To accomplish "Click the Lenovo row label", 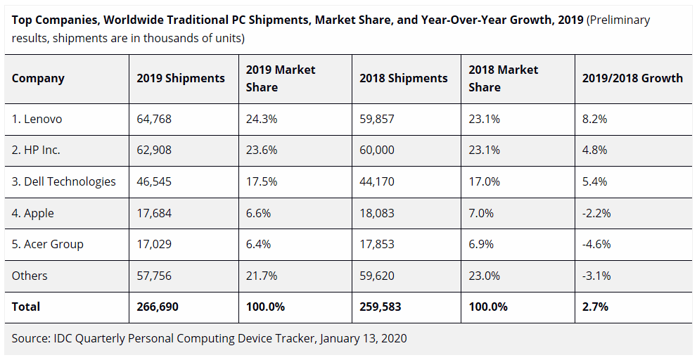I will click(x=37, y=119).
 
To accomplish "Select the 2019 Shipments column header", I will click(x=181, y=78).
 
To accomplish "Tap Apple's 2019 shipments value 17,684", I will click(x=154, y=213).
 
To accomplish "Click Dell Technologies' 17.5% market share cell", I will click(x=262, y=181).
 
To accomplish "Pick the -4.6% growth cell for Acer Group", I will click(x=596, y=244).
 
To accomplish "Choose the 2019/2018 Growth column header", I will click(x=632, y=78).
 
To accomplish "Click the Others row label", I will click(x=29, y=276).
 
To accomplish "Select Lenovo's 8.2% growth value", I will click(x=594, y=119).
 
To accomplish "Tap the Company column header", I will click(x=38, y=78).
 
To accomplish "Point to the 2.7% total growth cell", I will click(x=595, y=307).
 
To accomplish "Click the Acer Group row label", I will click(x=47, y=244).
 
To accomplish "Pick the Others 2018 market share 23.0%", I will click(x=485, y=276).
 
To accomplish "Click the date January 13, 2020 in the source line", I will click(x=363, y=338).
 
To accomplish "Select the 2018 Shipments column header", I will click(x=403, y=78).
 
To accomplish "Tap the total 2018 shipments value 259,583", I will click(x=382, y=307).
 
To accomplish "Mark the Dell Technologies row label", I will click(x=63, y=181).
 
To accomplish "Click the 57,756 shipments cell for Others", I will click(x=154, y=276).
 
